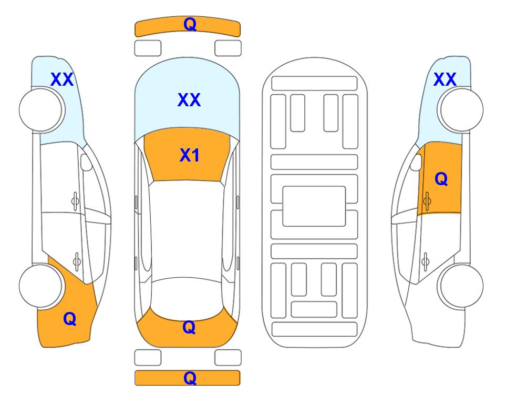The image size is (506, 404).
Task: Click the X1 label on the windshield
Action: [190, 155]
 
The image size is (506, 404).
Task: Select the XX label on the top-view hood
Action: [189, 99]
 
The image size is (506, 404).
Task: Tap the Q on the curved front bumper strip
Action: [190, 24]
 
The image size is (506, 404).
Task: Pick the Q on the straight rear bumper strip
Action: [190, 378]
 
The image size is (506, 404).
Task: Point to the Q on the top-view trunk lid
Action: [189, 327]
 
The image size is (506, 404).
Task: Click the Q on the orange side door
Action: [441, 178]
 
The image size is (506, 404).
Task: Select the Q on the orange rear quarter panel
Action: [70, 319]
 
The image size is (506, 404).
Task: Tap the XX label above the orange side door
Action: [445, 79]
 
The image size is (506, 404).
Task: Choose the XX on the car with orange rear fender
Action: [62, 79]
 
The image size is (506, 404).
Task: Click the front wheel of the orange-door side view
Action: [460, 110]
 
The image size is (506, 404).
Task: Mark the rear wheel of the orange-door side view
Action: [460, 286]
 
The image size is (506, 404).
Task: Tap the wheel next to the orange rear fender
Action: [42, 286]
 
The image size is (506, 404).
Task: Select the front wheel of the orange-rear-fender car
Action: [42, 110]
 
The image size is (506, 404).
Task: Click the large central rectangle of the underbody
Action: [314, 206]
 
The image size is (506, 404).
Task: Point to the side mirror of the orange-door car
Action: [416, 163]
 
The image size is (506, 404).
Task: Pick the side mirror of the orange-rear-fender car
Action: [86, 162]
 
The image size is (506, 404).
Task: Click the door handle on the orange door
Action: [427, 201]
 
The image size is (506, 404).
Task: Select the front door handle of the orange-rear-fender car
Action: [75, 201]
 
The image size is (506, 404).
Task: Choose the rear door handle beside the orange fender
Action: [77, 261]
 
